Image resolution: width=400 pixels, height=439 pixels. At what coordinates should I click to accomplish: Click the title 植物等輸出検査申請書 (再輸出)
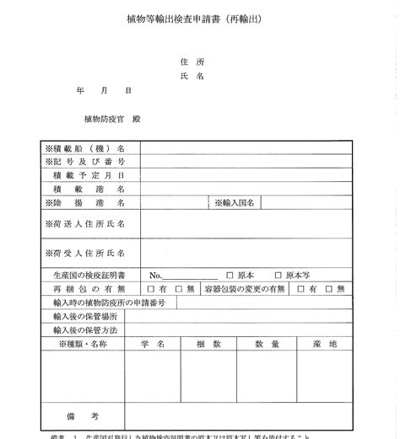coord(199,18)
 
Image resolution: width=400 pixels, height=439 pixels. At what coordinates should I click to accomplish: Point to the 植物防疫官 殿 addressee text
coord(112,119)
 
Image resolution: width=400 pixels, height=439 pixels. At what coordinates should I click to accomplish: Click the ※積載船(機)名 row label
coord(85,148)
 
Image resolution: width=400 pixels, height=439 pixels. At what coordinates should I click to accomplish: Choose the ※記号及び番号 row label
coord(85,162)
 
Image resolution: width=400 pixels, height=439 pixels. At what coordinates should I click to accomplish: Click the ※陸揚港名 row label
coord(85,203)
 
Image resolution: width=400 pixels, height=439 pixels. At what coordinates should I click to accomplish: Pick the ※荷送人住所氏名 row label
coord(85,224)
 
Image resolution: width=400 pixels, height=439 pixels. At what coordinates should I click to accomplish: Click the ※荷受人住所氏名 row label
coord(85,252)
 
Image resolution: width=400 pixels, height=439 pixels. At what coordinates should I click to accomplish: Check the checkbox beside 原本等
coord(278,275)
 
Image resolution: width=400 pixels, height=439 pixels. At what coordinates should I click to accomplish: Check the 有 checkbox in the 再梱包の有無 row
coord(152,288)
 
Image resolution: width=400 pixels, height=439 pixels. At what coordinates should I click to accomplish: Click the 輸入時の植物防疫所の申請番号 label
coord(109,302)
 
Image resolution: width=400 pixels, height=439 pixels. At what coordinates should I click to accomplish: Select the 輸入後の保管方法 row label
coord(85,329)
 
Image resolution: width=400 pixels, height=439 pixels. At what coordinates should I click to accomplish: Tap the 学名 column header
coord(153,344)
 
